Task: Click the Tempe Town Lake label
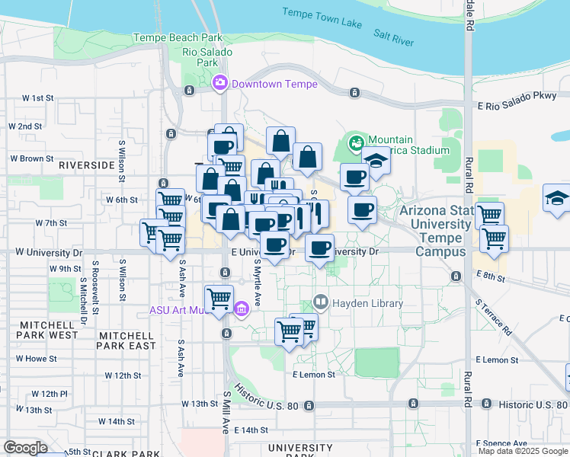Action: point(322,18)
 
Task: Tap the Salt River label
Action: point(393,37)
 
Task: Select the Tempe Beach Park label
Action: point(177,37)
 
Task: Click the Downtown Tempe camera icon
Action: point(220,82)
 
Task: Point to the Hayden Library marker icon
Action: point(321,302)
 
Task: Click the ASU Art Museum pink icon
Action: point(242,309)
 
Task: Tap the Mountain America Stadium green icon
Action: point(356,142)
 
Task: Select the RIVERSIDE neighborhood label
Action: point(86,165)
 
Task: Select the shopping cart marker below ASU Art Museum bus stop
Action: point(219,299)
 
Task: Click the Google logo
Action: point(26,448)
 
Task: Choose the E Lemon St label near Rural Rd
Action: point(497,360)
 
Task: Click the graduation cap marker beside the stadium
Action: point(375,161)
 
